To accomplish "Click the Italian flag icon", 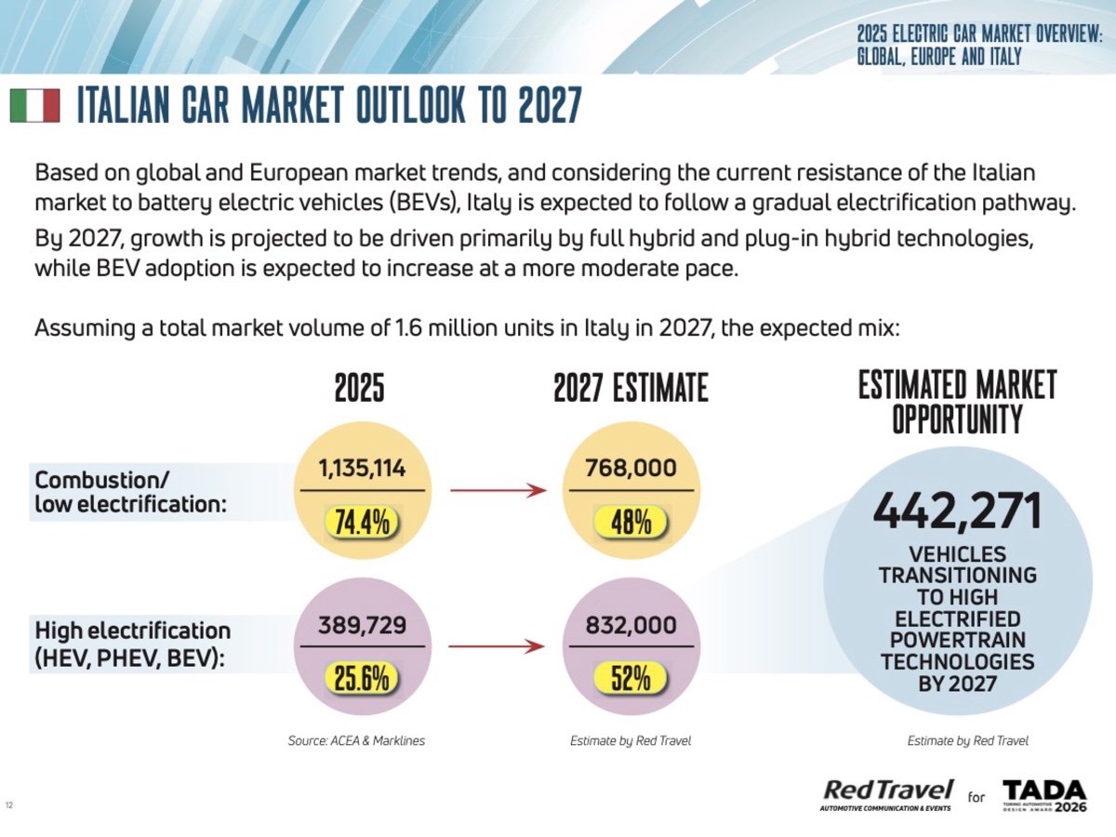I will (x=34, y=107).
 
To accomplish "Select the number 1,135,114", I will (x=362, y=470).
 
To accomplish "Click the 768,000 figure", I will (x=631, y=470).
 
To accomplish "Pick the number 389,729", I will (x=362, y=627).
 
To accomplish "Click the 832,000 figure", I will (x=631, y=627).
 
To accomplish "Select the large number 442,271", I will (x=957, y=511).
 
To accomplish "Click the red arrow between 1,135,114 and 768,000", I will (x=497, y=489).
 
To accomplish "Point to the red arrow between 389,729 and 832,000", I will (x=497, y=646).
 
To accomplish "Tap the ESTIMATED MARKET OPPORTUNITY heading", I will (x=957, y=402).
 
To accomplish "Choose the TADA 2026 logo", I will (x=1043, y=795).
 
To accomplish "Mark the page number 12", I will (x=9, y=805).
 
